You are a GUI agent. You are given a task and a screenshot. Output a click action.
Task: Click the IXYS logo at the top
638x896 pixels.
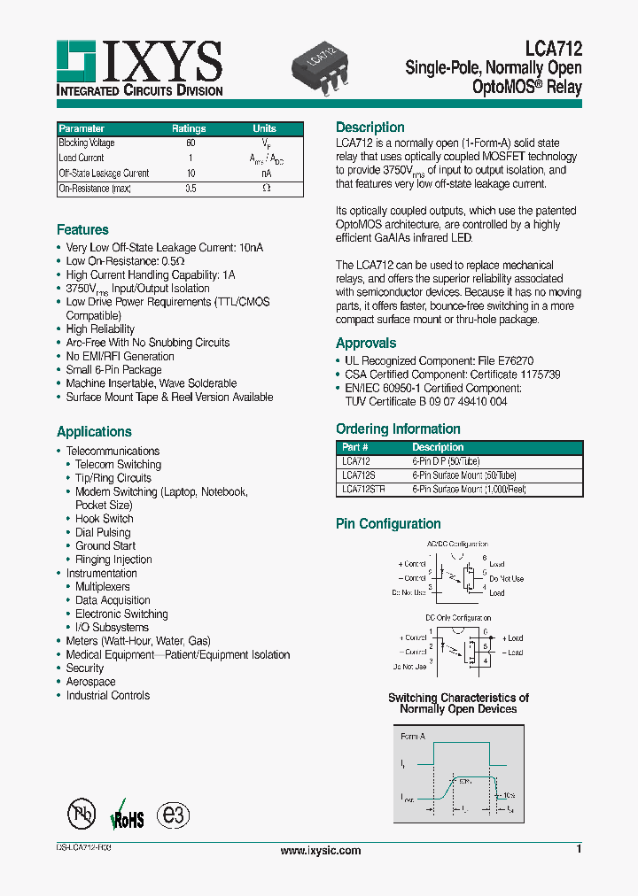tap(139, 67)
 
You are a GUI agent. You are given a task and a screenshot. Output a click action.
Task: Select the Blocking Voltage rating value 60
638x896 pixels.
tap(190, 143)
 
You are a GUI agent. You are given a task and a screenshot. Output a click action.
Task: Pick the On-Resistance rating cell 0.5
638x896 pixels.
tap(190, 189)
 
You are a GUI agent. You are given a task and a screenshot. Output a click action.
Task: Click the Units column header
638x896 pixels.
tap(264, 128)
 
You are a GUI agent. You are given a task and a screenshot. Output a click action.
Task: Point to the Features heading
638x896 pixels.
tap(82, 230)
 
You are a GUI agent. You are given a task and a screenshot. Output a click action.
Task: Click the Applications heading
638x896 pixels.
tap(94, 432)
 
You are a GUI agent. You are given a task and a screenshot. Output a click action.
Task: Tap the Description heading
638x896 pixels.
tap(370, 127)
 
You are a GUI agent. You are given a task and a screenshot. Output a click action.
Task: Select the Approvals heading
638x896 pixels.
tap(366, 344)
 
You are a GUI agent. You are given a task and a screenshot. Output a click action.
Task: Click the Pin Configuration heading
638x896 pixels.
tap(388, 524)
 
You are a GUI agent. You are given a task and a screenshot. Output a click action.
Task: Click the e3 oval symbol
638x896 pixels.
tap(173, 815)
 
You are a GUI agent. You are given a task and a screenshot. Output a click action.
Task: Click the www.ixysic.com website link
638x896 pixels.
tap(321, 851)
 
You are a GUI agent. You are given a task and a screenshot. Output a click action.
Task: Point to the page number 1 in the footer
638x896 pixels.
tap(579, 850)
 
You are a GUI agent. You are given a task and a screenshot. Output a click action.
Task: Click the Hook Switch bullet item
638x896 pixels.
tap(104, 519)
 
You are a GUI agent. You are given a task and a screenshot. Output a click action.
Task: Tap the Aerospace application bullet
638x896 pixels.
tap(90, 682)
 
